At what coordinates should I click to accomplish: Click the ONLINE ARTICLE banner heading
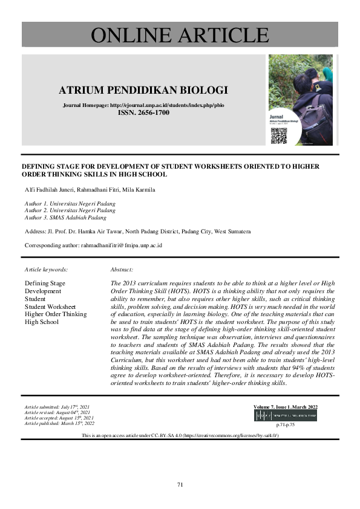pos(180,34)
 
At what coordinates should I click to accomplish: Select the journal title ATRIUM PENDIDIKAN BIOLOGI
pos(143,91)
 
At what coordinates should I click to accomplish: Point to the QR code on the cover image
pos(278,135)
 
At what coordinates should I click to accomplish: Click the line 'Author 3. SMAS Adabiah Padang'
pos(65,218)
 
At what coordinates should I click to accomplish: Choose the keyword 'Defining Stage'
pos(45,283)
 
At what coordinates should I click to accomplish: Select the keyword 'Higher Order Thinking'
pos(56,314)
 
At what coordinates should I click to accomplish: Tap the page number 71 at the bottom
pos(180,484)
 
